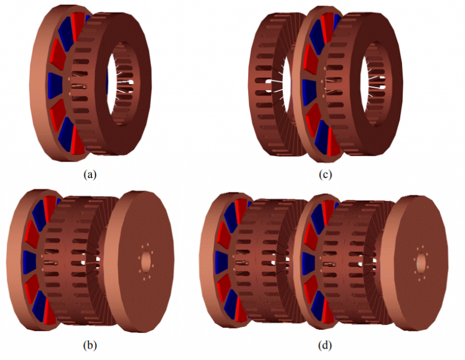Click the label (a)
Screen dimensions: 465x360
(90, 174)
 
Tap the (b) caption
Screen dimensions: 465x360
(90, 345)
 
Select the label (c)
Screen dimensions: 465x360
(325, 174)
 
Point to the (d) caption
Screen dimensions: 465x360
(325, 345)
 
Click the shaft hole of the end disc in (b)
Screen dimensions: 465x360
(146, 261)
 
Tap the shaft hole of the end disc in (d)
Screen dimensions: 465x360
(421, 263)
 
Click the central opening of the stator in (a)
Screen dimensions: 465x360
(120, 84)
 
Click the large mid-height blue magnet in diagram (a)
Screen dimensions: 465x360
(55, 86)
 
